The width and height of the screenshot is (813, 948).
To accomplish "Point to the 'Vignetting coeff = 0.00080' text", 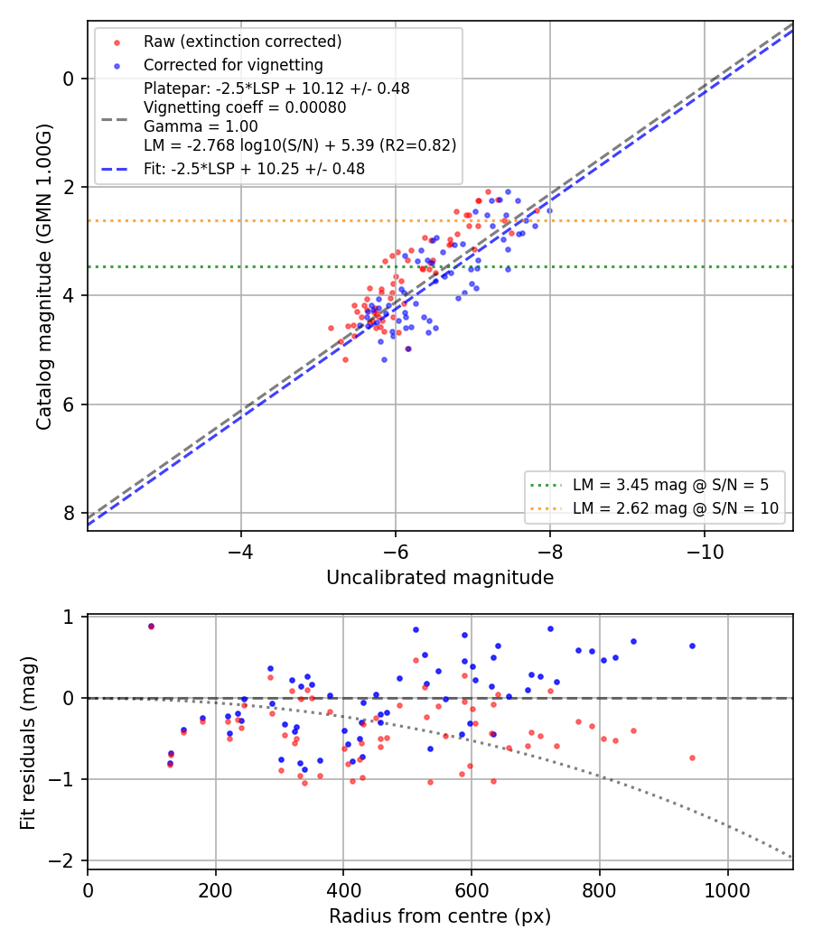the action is [x=245, y=107].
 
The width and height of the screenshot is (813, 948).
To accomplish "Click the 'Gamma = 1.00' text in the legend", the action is [x=201, y=126].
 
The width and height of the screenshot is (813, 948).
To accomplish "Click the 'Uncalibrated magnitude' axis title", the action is [x=440, y=578].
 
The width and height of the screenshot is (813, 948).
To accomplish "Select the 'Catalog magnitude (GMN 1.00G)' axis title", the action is [x=43, y=277].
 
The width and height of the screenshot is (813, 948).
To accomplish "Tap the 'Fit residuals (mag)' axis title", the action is [x=28, y=743].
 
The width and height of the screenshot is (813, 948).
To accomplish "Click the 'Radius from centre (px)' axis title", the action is [x=440, y=916].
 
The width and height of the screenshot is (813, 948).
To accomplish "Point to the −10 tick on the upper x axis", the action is [x=704, y=552].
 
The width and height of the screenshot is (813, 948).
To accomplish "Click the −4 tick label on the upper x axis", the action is [x=241, y=552].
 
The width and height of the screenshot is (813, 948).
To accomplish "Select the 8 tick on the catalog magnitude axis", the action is [x=69, y=513].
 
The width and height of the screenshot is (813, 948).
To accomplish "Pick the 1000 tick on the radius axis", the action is [x=728, y=890].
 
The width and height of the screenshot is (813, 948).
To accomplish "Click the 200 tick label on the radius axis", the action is [x=215, y=890].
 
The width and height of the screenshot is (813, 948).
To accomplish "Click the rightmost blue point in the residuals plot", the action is [x=693, y=646].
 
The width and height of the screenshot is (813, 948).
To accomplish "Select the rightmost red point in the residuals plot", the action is [x=693, y=757].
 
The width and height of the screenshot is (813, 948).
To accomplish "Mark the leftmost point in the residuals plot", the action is [x=151, y=627].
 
